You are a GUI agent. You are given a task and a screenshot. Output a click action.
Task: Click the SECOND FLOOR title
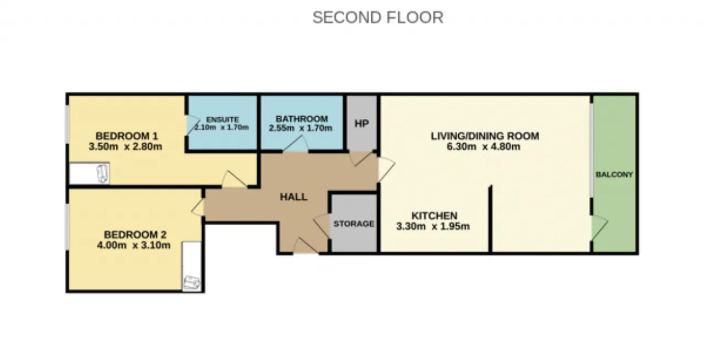click(x=378, y=18)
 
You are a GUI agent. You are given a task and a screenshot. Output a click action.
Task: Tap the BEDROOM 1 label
click(x=127, y=136)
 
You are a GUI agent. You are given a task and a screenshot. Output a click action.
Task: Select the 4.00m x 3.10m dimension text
click(x=133, y=245)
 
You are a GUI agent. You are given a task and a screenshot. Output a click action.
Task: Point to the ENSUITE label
click(x=223, y=119)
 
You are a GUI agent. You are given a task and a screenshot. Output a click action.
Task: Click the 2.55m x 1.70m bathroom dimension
click(x=300, y=128)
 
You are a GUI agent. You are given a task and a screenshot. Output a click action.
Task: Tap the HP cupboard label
click(x=362, y=124)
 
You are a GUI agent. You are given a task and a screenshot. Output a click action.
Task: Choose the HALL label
click(x=294, y=197)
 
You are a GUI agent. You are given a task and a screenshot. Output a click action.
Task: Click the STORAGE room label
click(x=354, y=223)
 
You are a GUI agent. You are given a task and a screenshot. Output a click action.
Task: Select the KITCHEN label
click(x=435, y=216)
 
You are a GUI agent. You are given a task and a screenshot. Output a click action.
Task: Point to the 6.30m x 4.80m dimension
click(x=484, y=146)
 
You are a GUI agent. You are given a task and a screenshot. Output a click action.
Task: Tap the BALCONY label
click(x=614, y=174)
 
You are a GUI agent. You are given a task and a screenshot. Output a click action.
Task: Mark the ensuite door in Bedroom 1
click(x=193, y=126)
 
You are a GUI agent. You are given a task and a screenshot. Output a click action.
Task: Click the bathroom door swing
click(x=296, y=144)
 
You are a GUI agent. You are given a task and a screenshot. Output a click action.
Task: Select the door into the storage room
click(x=322, y=226)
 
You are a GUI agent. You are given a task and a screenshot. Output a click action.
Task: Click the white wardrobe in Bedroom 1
click(x=89, y=173)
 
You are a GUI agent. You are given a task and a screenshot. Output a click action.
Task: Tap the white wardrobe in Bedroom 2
click(x=192, y=266)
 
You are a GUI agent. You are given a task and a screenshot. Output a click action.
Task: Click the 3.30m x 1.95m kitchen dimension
click(x=433, y=226)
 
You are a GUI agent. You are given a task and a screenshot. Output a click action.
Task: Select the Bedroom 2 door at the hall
click(x=198, y=208)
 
